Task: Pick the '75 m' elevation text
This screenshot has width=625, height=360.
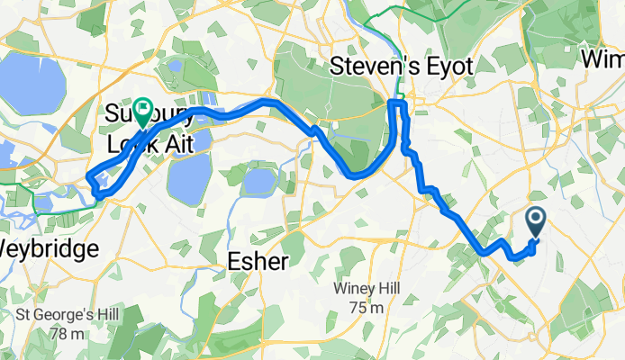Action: [x=367, y=308]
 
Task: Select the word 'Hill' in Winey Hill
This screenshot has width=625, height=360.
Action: [x=388, y=289]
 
